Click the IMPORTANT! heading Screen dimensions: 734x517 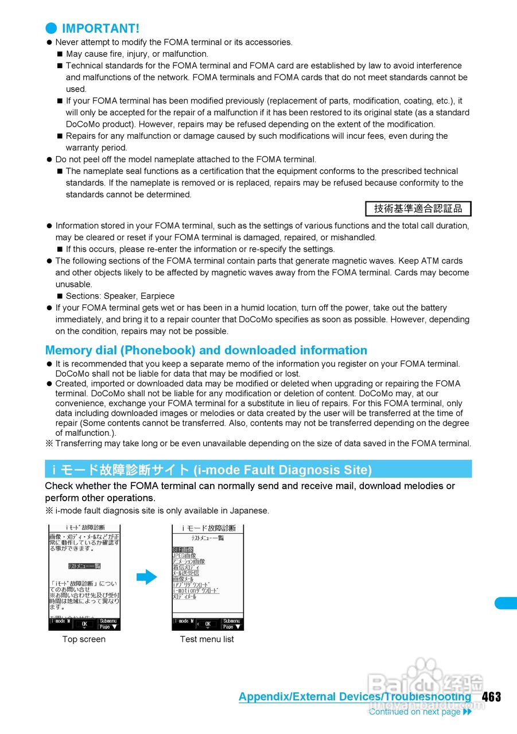coord(100,28)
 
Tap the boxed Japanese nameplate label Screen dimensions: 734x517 coord(418,209)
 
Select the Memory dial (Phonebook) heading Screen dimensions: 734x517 coord(206,350)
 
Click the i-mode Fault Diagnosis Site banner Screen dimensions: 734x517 coord(258,469)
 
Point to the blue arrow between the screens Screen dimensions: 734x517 coord(147,576)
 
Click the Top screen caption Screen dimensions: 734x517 coord(84,639)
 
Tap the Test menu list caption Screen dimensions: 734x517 coord(207,639)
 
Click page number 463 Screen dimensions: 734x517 coord(491,697)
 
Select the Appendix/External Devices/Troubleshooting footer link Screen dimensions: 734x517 coord(355,697)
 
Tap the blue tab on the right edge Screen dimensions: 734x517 coord(506,603)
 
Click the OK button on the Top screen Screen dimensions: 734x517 coord(84,624)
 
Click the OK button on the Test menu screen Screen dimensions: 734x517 coord(208,624)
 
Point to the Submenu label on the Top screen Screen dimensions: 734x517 coord(108,621)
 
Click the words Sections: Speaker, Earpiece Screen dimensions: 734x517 coord(120,296)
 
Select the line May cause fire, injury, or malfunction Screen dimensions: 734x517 coord(137,54)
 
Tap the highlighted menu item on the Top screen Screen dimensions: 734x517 coord(84,566)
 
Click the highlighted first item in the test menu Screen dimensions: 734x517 coord(183,549)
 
